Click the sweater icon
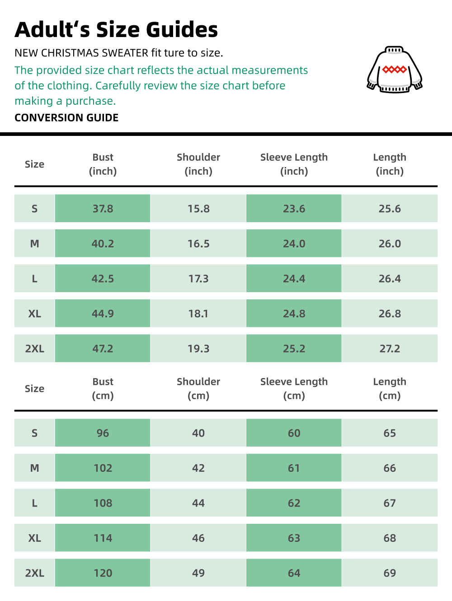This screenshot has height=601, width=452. tap(395, 70)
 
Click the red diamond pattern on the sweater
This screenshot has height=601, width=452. tap(395, 70)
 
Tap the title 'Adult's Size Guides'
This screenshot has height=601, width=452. tap(116, 30)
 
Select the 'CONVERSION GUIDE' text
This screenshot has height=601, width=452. tap(66, 118)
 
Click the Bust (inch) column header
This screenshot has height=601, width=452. tap(103, 164)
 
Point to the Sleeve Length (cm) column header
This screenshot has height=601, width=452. tap(294, 388)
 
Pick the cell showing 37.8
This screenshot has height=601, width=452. tap(103, 209)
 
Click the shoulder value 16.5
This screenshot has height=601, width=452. tap(198, 244)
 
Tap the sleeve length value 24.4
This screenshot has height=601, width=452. tap(294, 279)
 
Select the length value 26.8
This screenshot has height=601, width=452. tap(390, 313)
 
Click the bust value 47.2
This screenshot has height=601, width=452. tap(103, 349)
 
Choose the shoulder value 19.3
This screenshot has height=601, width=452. tap(198, 349)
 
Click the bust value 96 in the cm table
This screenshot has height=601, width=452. tap(103, 433)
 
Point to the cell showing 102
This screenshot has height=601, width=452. tap(103, 468)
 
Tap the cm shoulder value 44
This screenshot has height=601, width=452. tap(198, 503)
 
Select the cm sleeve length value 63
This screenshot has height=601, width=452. tap(294, 538)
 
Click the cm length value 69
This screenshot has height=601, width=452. tap(390, 573)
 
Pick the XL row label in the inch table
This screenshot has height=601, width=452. tap(35, 313)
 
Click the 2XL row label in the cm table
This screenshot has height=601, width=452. tap(35, 573)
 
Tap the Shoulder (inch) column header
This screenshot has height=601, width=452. tap(198, 164)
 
